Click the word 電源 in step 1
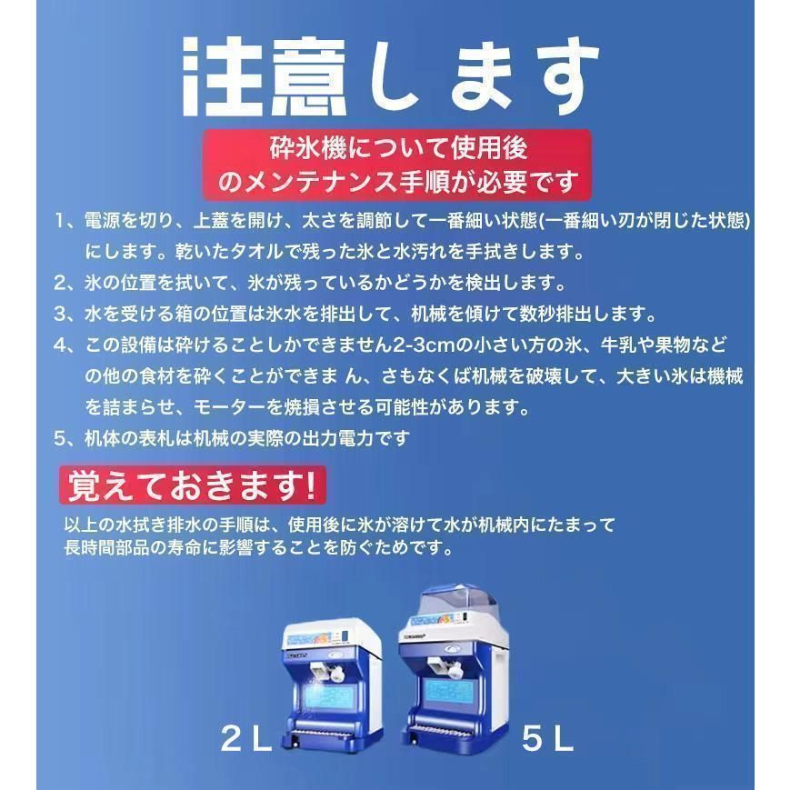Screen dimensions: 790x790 tap(101, 222)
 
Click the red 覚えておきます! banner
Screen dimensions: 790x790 tap(191, 485)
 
